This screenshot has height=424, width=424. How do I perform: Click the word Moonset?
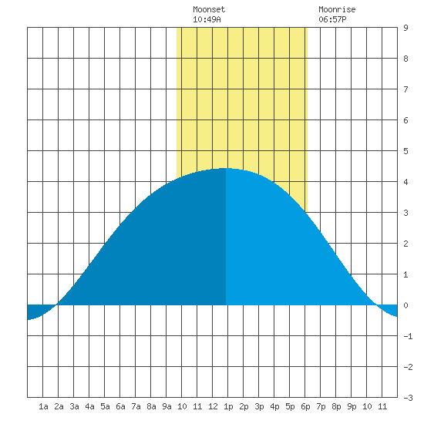pos(209,10)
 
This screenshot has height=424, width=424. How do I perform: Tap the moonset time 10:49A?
pos(207,19)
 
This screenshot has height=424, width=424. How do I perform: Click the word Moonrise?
pos(337,10)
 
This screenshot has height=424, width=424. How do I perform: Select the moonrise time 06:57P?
pos(332,19)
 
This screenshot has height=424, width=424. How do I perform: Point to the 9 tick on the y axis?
pos(405,28)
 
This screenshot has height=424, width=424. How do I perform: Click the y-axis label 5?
pos(405,151)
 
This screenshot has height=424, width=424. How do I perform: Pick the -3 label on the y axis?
pos(408,398)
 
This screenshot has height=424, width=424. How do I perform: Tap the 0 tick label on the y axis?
pos(405,305)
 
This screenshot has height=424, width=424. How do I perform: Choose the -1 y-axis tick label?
pos(408,336)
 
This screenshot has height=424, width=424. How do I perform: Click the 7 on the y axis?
pos(405,89)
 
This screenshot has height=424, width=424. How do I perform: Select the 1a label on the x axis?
pos(43,406)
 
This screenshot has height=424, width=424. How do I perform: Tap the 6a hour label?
pos(120,406)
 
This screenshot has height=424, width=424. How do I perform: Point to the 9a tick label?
pos(167,406)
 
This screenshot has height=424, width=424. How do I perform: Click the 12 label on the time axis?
pos(213,406)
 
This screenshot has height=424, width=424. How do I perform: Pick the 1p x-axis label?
pos(228,406)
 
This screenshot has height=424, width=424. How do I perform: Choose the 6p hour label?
pos(305,406)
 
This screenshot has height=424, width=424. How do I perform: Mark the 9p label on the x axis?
pos(352,406)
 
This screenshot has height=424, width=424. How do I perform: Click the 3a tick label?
pos(74,406)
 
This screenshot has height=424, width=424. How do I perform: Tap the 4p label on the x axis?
pos(274,406)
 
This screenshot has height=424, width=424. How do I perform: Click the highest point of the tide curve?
pos(226,168)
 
